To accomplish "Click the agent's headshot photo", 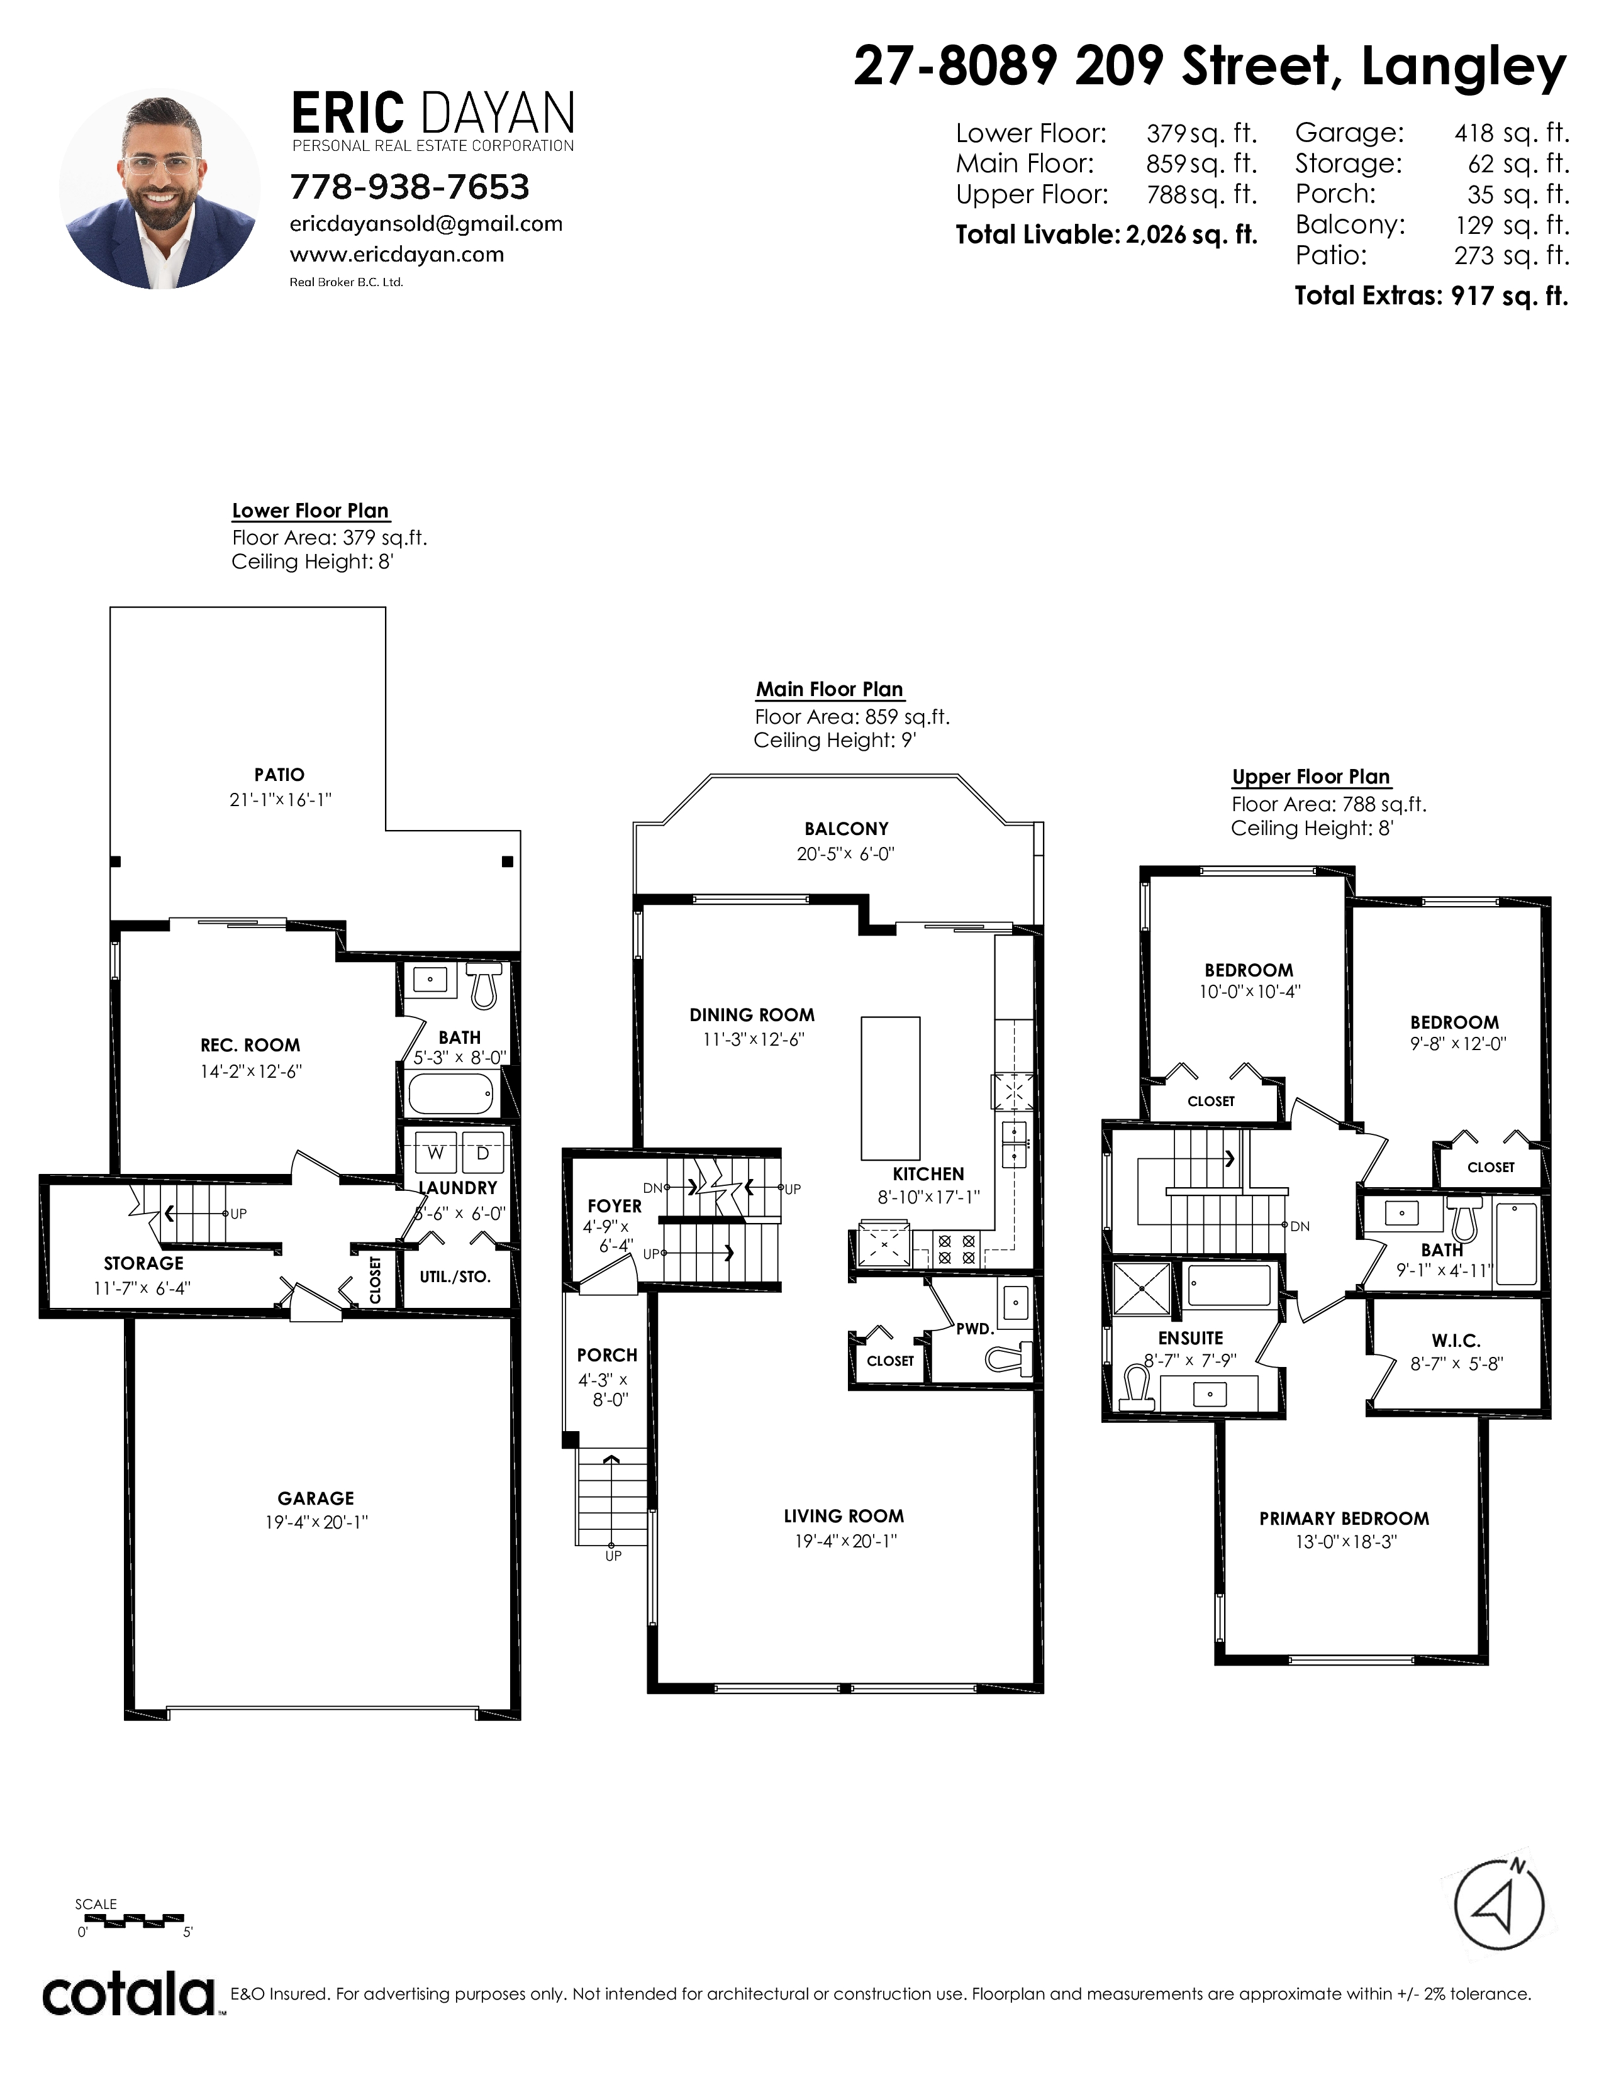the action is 160,189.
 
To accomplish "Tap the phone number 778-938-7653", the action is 409,187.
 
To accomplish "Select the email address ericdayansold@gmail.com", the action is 426,224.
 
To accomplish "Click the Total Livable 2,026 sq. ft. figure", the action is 1106,235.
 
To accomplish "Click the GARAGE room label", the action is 316,1498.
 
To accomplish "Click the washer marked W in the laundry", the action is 436,1153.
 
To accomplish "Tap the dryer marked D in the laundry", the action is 482,1153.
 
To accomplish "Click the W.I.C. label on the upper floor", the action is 1456,1341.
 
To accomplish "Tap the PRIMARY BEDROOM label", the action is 1344,1519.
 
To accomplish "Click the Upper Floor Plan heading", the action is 1310,777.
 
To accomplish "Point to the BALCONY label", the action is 845,829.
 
